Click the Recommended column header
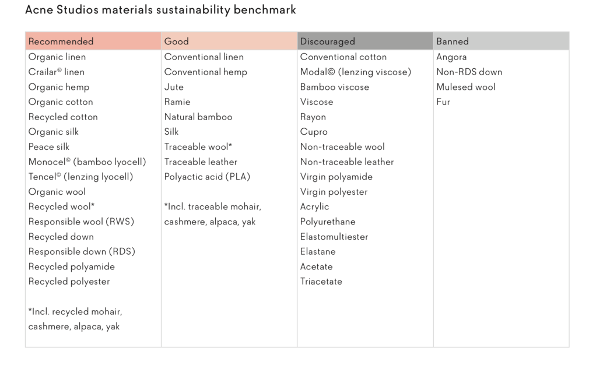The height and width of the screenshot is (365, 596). pyautogui.click(x=61, y=41)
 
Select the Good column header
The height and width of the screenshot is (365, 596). pyautogui.click(x=176, y=41)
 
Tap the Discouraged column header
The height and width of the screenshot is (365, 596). pyautogui.click(x=327, y=41)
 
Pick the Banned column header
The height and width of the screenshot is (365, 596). pyautogui.click(x=452, y=41)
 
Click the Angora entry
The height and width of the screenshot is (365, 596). pyautogui.click(x=451, y=57)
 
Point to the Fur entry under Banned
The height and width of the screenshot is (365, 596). pyautogui.click(x=443, y=102)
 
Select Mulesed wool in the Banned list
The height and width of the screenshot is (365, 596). pyautogui.click(x=465, y=87)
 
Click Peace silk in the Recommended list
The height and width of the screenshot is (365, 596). pyautogui.click(x=49, y=147)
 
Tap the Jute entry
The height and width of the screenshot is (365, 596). pyautogui.click(x=174, y=87)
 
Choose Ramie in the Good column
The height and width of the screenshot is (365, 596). pyautogui.click(x=177, y=102)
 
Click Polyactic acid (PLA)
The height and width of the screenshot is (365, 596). pyautogui.click(x=207, y=177)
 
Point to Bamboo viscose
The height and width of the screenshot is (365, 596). pyautogui.click(x=334, y=87)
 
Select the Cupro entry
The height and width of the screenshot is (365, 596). pyautogui.click(x=314, y=132)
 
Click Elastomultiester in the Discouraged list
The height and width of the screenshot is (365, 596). pyautogui.click(x=334, y=237)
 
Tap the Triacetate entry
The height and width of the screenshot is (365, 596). pyautogui.click(x=321, y=282)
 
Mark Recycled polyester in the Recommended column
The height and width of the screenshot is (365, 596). pyautogui.click(x=69, y=282)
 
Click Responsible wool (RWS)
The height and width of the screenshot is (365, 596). pyautogui.click(x=81, y=222)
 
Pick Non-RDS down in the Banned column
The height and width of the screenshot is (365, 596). pyautogui.click(x=469, y=72)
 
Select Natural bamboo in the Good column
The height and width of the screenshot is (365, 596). pyautogui.click(x=198, y=117)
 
